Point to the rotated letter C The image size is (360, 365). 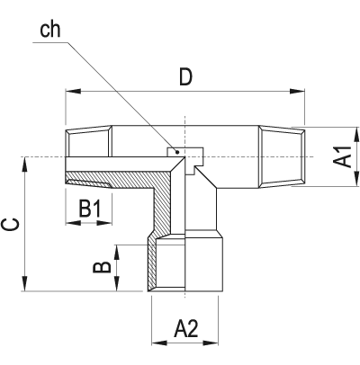pyautogui.click(x=10, y=224)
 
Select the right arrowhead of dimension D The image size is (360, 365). pyautogui.click(x=301, y=92)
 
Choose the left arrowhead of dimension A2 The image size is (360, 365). pyautogui.click(x=154, y=343)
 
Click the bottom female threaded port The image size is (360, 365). pyautogui.click(x=184, y=264)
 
